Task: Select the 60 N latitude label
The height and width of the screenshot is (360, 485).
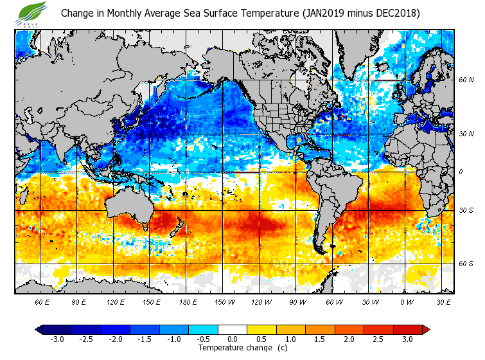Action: (466, 80)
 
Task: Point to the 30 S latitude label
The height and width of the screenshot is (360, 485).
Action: (466, 210)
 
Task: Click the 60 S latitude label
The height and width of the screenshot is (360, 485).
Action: (466, 264)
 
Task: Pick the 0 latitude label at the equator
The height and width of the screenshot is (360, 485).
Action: (460, 172)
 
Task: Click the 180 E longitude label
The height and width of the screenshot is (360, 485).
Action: (188, 301)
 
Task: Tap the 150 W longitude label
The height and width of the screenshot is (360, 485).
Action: (224, 301)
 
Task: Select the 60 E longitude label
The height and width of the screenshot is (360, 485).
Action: (42, 301)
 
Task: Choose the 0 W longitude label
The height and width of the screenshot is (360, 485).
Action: (407, 301)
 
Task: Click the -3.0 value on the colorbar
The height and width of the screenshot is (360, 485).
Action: (57, 339)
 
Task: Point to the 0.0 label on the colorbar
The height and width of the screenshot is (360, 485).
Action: (233, 339)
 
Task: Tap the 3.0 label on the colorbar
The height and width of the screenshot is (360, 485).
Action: (408, 339)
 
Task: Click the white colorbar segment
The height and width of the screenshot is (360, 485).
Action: (233, 330)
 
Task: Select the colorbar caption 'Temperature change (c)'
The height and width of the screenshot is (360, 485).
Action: (243, 348)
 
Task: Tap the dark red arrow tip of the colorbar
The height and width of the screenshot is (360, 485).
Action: (426, 330)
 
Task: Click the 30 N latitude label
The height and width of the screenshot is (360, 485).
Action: (466, 134)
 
